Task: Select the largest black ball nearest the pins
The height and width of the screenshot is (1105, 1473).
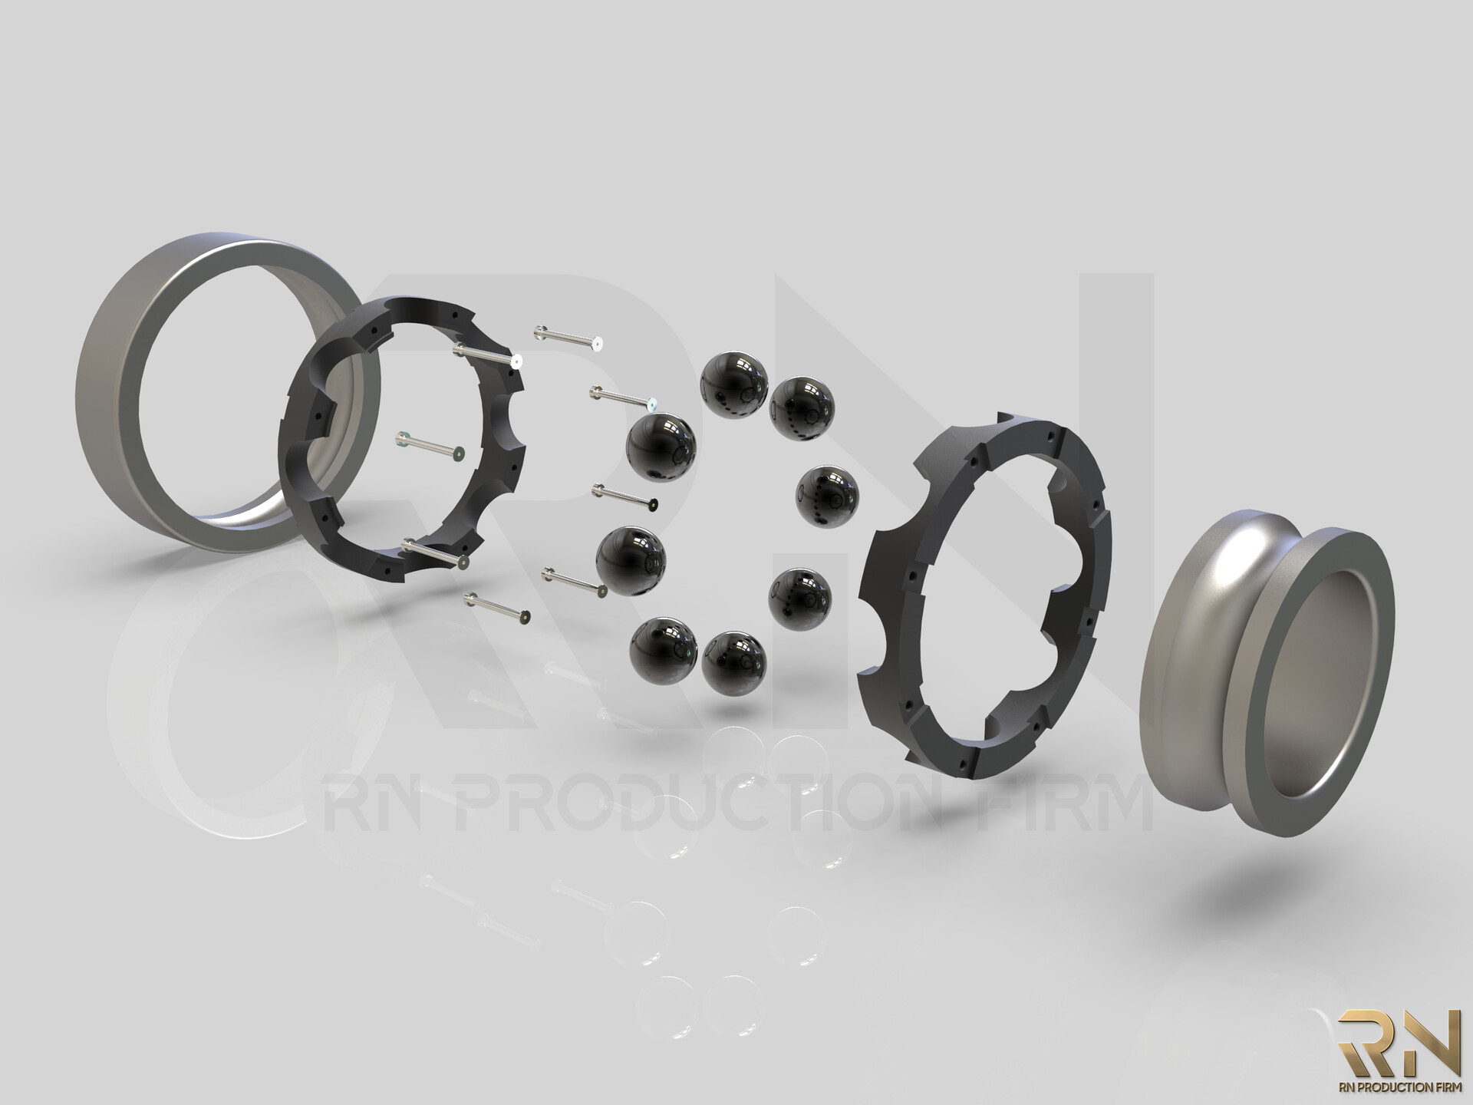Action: (661, 448)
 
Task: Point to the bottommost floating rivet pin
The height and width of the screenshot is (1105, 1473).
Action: (497, 606)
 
